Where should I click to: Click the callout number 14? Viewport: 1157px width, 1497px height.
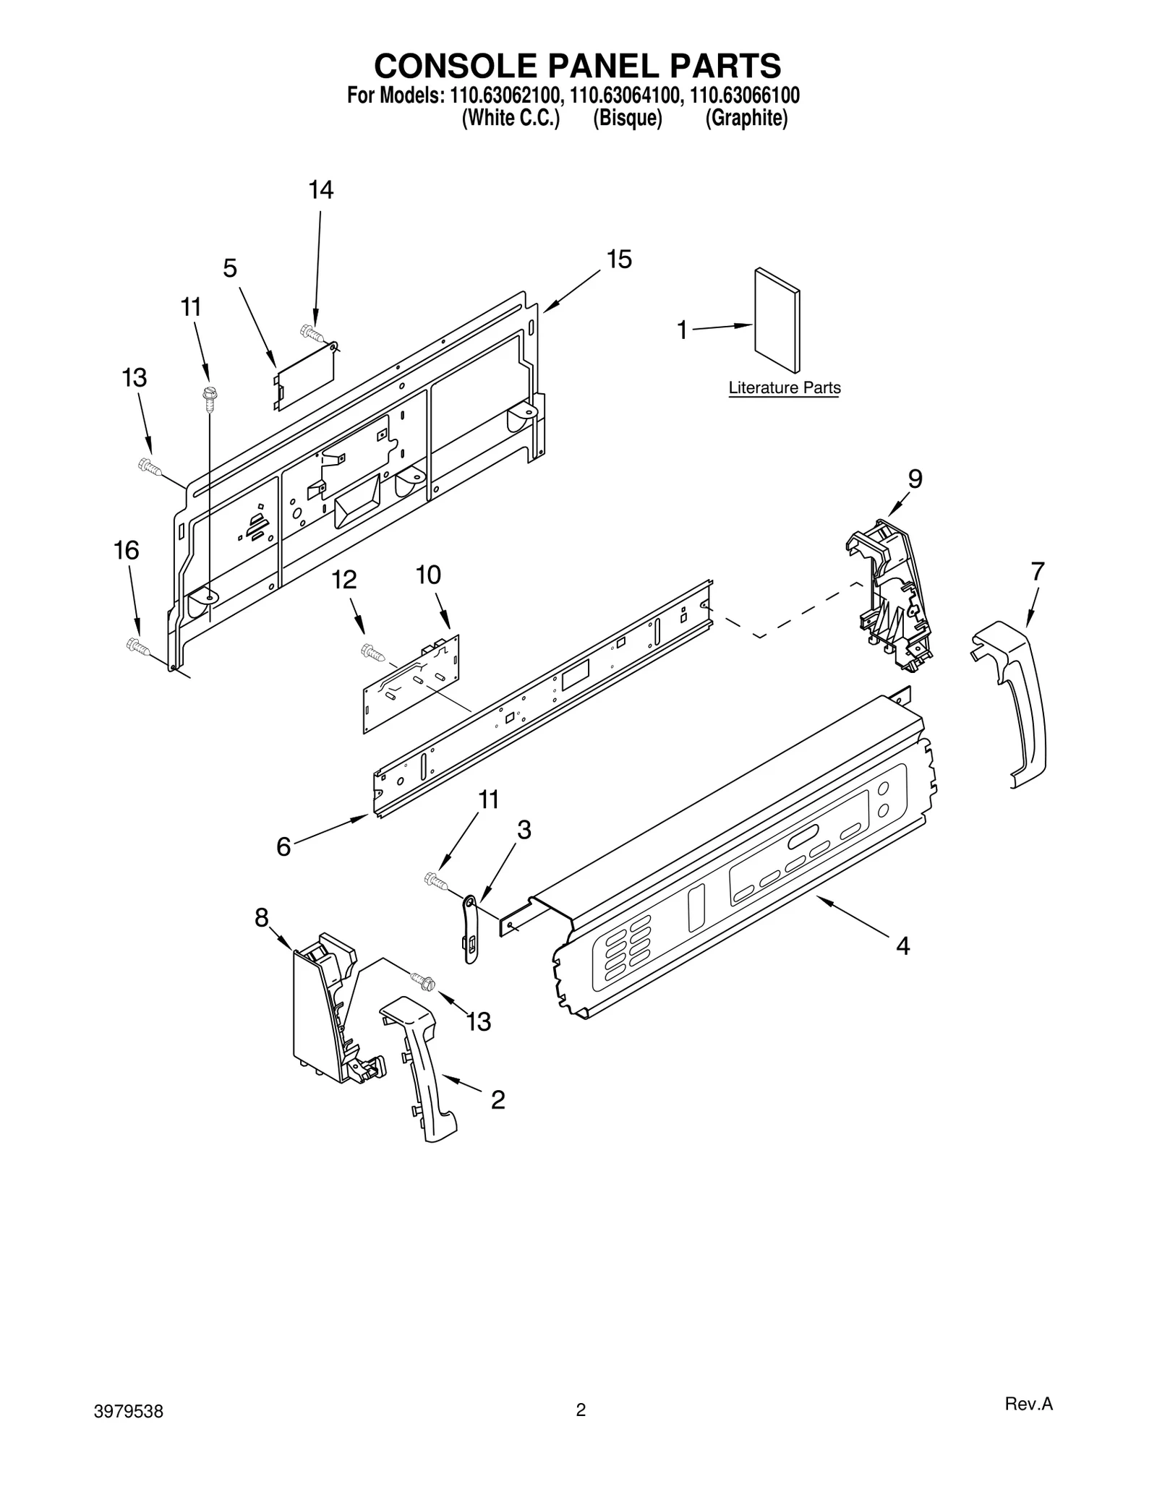tap(320, 190)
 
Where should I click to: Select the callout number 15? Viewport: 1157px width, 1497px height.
tap(619, 259)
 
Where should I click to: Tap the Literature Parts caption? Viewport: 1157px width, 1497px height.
tap(784, 387)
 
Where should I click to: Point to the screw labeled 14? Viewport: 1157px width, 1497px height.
tap(311, 333)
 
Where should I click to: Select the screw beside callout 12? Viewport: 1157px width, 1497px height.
tap(372, 652)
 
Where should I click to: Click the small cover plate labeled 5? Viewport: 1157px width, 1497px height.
tap(305, 376)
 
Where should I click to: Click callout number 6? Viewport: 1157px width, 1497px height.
tap(283, 846)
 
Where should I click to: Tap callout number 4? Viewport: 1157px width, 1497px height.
tap(902, 945)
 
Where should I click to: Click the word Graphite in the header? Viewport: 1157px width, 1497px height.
tap(746, 119)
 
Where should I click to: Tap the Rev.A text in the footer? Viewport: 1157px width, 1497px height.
tap(1028, 1424)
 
